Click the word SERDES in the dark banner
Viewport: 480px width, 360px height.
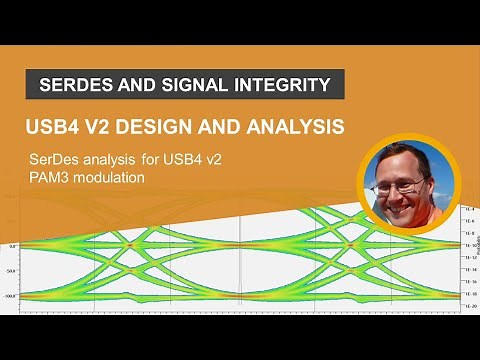click(78, 85)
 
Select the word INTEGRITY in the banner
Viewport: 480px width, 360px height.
click(282, 85)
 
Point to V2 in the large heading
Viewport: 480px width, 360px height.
click(101, 128)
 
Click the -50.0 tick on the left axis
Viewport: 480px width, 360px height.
click(12, 271)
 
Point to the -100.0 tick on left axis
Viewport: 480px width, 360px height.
click(11, 297)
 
